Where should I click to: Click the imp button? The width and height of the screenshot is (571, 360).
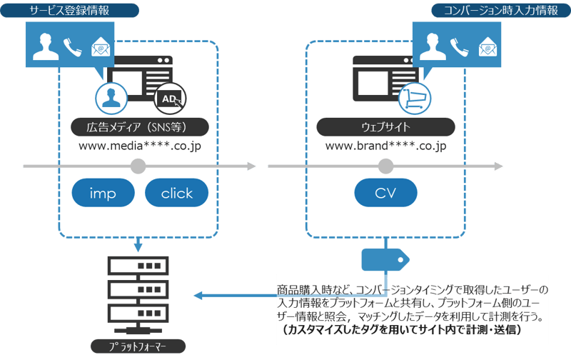point(103,194)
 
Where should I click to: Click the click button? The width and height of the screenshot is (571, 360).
point(176,194)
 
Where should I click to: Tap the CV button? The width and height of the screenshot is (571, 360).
point(385,194)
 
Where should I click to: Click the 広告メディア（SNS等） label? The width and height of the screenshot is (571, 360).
point(139,128)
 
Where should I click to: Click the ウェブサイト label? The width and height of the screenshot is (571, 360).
point(385,128)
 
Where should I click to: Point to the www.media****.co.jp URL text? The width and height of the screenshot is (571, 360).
point(139,146)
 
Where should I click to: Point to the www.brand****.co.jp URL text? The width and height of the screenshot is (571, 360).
point(385,146)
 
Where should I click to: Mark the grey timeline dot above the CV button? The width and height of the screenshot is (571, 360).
point(385,166)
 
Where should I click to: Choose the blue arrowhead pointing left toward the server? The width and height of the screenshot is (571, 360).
point(199,296)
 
